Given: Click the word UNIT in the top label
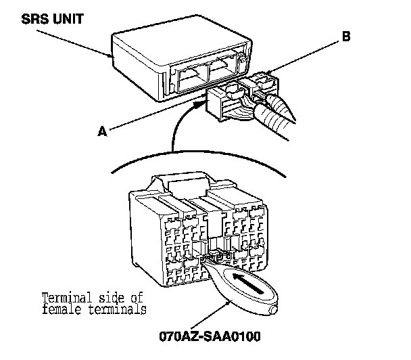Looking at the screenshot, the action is coord(70,18).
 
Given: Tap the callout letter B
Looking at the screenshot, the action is coord(347,38).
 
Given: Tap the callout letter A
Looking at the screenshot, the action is coord(103,132).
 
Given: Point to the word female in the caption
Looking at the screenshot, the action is coord(59,310).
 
